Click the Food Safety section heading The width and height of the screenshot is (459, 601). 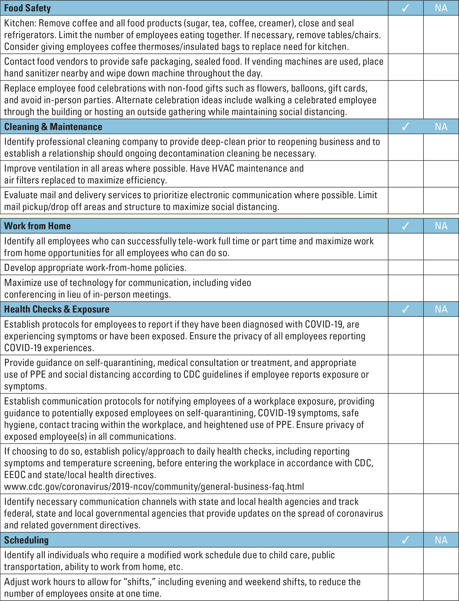27,8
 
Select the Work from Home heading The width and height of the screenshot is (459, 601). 37,226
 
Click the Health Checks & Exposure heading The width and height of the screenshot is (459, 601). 57,309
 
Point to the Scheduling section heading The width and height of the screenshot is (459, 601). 26,540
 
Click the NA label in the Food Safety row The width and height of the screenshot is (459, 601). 441,8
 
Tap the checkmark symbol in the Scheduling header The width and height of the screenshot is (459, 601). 406,540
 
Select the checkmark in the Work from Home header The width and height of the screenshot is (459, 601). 406,226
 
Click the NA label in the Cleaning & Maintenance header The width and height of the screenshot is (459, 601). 441,127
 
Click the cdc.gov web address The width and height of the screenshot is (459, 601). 154,486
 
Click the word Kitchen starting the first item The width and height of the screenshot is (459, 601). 20,23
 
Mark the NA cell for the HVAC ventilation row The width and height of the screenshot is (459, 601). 441,174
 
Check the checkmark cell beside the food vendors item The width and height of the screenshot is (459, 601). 406,67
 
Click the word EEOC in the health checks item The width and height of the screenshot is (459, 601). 15,475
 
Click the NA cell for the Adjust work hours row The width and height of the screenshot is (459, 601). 441,587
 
